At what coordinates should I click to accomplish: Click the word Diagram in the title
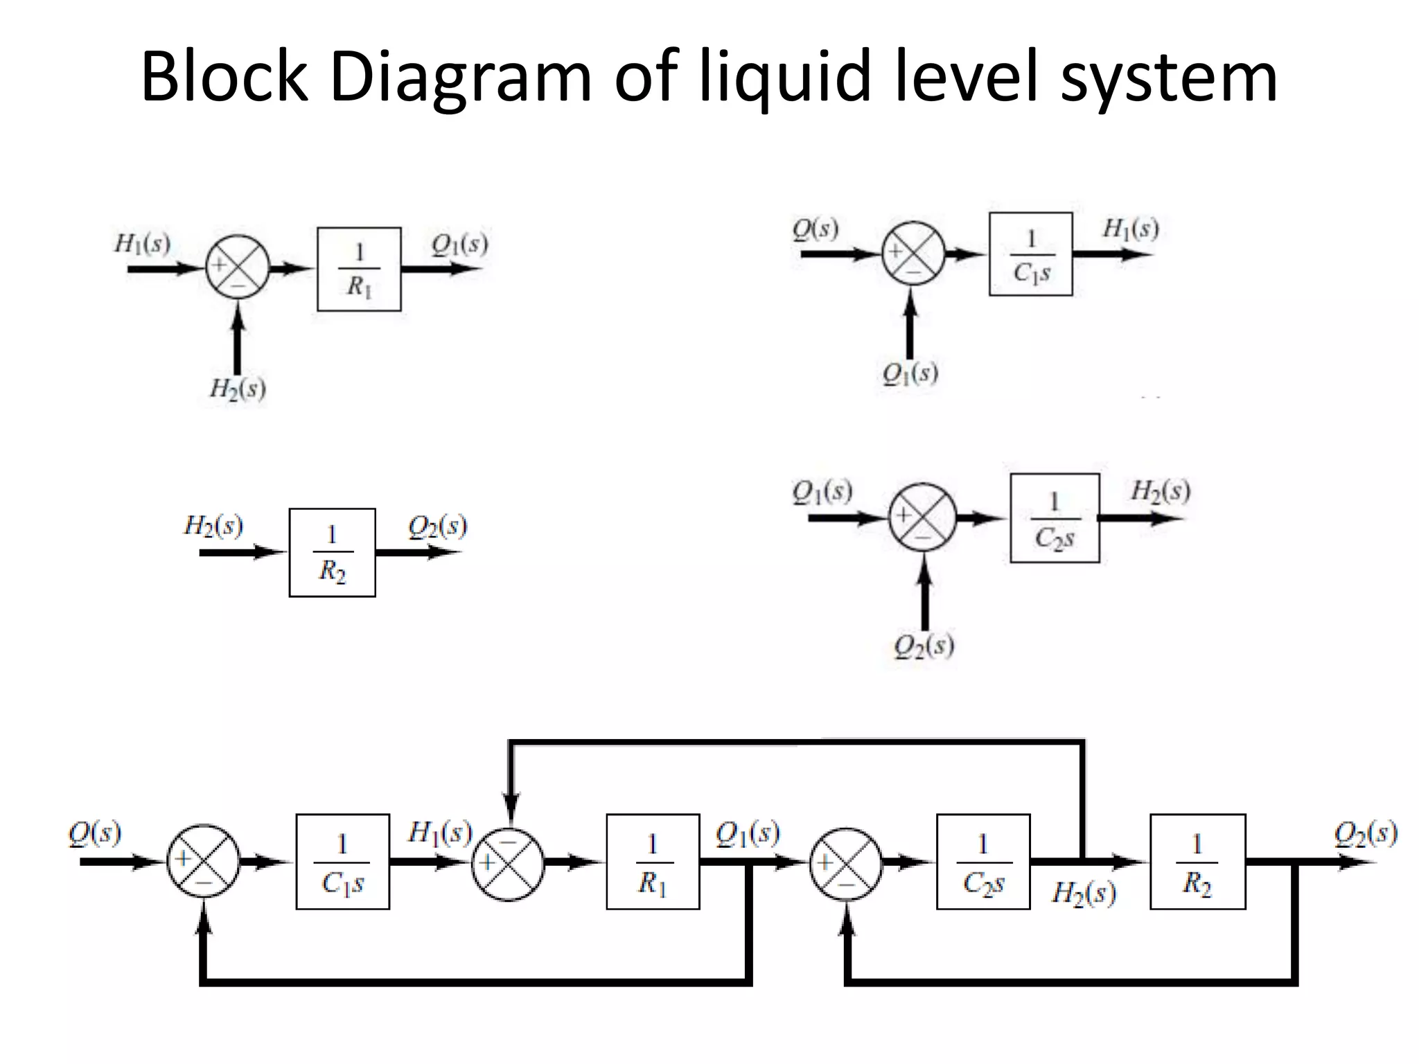coord(461,78)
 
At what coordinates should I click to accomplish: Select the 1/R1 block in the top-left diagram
coord(359,269)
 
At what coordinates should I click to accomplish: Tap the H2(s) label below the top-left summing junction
coord(238,389)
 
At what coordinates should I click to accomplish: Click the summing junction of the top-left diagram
coord(237,267)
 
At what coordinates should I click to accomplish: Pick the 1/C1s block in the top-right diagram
coord(1030,254)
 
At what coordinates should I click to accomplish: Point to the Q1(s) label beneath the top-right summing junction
coord(910,374)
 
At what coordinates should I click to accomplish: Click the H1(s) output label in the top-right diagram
coord(1130,229)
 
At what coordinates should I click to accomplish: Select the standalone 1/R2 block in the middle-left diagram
coord(332,552)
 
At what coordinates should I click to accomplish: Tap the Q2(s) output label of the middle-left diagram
coord(437,527)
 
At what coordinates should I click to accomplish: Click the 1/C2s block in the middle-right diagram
coord(1054,518)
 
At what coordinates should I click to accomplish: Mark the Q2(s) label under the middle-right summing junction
coord(924,646)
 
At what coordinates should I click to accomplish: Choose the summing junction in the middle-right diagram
coord(922,517)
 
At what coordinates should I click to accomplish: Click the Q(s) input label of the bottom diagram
coord(95,833)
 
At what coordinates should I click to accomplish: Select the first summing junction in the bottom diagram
coord(203,862)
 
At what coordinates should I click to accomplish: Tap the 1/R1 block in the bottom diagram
coord(653,862)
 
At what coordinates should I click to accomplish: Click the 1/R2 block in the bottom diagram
coord(1197,862)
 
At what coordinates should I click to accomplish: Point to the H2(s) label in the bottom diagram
coord(1084,893)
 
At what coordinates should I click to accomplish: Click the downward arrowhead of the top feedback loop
coord(511,807)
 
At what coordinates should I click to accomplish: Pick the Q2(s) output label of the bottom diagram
coord(1365,833)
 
